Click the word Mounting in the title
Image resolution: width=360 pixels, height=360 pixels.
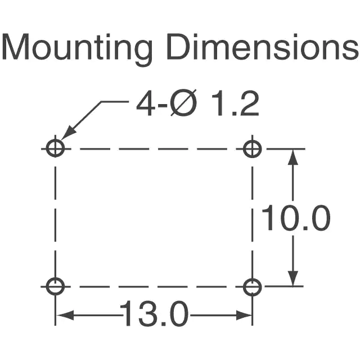click(x=77, y=49)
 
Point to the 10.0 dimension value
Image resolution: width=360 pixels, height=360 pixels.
click(x=296, y=218)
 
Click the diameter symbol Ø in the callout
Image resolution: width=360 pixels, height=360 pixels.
click(x=183, y=102)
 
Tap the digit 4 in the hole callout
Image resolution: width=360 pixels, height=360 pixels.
click(x=145, y=103)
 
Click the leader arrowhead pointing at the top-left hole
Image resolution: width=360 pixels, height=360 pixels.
click(x=68, y=133)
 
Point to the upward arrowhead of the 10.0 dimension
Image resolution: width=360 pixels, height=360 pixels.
click(x=292, y=157)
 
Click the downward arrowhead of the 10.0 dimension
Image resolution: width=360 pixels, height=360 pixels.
click(x=292, y=278)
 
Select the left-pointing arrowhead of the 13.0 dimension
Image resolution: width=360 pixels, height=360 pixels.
click(x=65, y=315)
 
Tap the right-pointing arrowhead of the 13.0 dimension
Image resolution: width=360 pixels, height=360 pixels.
click(x=244, y=315)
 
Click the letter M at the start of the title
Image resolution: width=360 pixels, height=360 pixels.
click(x=15, y=47)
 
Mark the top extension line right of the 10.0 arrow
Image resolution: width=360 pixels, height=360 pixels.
click(x=286, y=148)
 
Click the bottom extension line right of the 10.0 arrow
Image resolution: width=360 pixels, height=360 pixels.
click(x=284, y=286)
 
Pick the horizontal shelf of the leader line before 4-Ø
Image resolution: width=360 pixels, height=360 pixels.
click(x=115, y=101)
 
